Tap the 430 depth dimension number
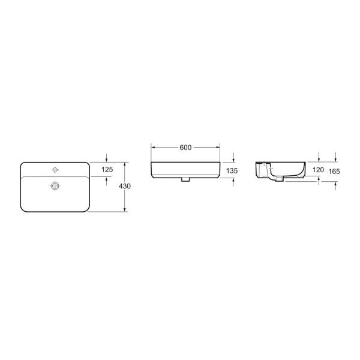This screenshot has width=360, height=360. coord(125,187)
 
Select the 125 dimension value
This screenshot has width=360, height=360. coord(107,170)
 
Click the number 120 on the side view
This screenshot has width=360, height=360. coord(319,170)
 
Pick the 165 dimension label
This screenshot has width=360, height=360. coord(335,172)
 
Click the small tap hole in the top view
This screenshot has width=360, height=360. coord(56,170)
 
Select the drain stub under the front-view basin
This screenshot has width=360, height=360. coord(185,179)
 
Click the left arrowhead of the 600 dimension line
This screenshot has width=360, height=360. coord(152,146)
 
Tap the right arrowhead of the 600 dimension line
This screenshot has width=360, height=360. coord(218,146)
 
